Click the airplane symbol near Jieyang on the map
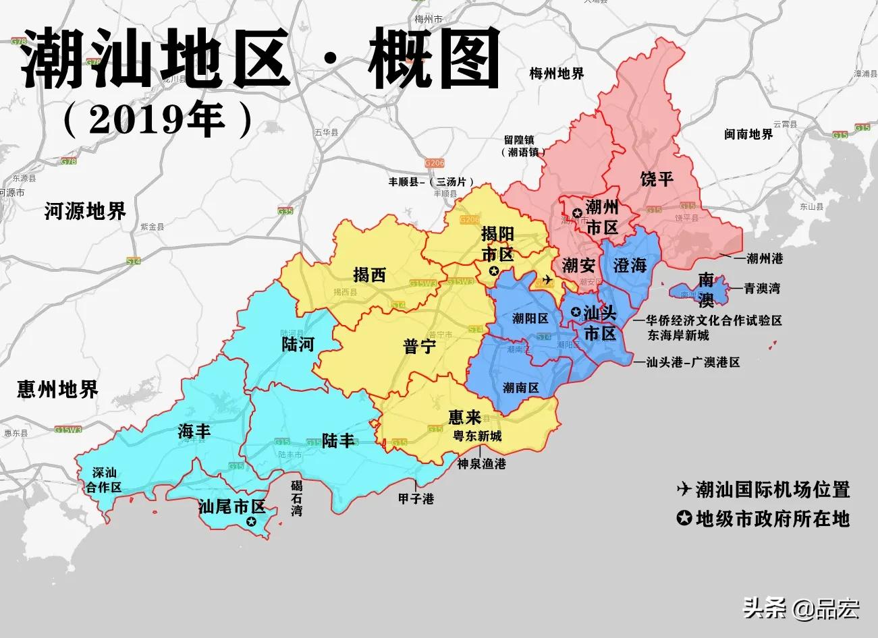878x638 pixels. click(x=547, y=279)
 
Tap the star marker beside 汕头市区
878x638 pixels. click(x=575, y=312)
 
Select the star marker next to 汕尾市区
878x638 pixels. click(x=252, y=521)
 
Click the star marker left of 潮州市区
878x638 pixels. click(x=577, y=214)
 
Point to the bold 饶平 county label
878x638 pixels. click(x=657, y=178)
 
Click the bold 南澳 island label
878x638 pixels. click(x=706, y=289)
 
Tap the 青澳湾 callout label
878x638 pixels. click(x=762, y=288)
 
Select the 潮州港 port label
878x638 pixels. click(x=761, y=258)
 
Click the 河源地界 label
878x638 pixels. click(x=85, y=211)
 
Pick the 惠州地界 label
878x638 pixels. click(x=58, y=389)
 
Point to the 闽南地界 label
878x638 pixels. click(x=748, y=134)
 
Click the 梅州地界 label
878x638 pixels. click(x=557, y=74)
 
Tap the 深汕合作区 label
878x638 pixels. click(x=103, y=480)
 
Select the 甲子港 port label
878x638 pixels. click(x=416, y=499)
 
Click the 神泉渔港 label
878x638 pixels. click(x=481, y=464)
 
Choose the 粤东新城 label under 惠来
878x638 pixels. click(x=477, y=436)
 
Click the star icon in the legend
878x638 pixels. click(x=684, y=518)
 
